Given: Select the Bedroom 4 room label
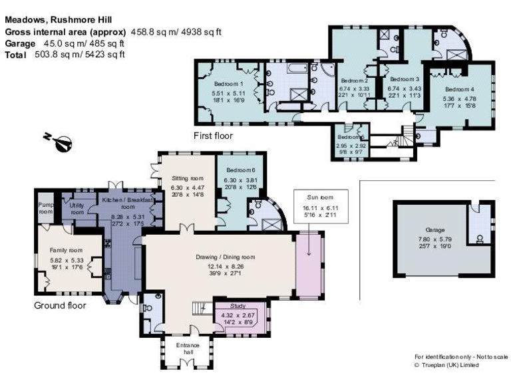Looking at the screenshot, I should [460, 90].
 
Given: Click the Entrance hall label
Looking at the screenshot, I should [187, 349].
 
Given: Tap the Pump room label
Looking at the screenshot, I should [45, 208].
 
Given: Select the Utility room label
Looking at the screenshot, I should [77, 208].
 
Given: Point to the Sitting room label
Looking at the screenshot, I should [187, 178].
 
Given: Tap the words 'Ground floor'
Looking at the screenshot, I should [60, 306].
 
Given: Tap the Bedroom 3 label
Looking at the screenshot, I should [405, 79].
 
